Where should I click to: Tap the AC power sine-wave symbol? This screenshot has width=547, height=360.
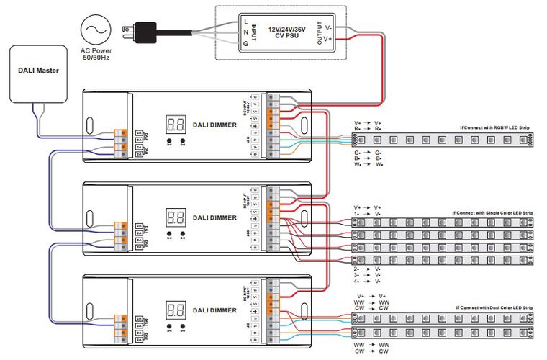pyautogui.click(x=96, y=30)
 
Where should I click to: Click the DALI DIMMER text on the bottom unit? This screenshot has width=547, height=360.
pyautogui.click(x=214, y=310)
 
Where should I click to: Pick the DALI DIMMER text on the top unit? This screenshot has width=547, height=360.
pyautogui.click(x=214, y=125)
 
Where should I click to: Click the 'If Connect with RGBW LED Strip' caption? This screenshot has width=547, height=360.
pyautogui.click(x=494, y=127)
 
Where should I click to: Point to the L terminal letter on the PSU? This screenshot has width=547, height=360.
pyautogui.click(x=246, y=22)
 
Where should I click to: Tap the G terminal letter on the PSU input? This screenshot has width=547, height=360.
pyautogui.click(x=246, y=44)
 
